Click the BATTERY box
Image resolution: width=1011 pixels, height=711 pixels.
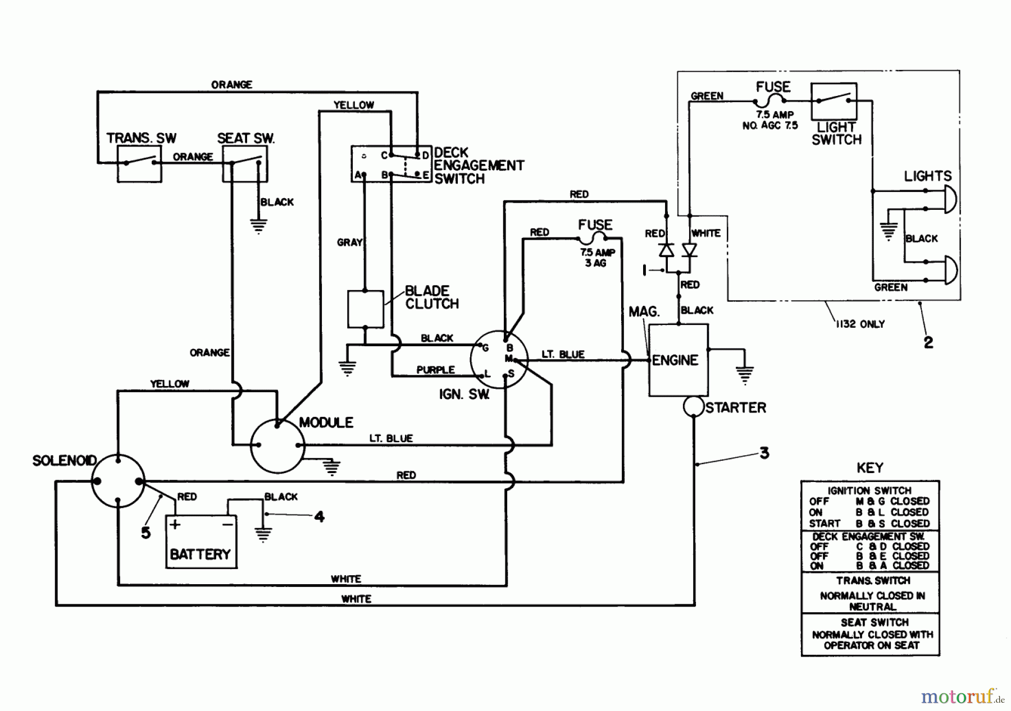click(201, 542)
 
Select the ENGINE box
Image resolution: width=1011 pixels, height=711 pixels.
click(678, 360)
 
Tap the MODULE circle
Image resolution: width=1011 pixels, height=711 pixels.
click(277, 446)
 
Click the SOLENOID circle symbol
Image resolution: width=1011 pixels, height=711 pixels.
click(118, 481)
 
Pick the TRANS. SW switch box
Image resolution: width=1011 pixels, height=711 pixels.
click(139, 164)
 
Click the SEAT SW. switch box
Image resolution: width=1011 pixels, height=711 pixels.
click(245, 164)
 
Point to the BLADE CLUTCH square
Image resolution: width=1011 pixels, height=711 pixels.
click(366, 309)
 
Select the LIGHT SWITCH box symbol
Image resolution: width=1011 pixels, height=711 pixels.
click(834, 100)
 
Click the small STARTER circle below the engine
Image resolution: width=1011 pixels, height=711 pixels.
click(694, 407)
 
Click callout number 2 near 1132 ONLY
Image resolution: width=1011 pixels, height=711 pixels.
click(928, 342)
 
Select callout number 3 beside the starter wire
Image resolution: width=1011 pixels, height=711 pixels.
click(764, 453)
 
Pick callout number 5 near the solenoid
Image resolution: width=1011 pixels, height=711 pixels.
click(145, 533)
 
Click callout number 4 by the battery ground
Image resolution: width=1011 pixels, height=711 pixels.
click(319, 516)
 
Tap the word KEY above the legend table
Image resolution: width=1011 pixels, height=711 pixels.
click(869, 467)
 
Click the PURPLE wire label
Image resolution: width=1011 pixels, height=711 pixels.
click(435, 370)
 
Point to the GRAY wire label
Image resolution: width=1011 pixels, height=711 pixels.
click(349, 242)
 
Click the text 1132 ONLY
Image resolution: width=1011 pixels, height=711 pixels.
click(860, 324)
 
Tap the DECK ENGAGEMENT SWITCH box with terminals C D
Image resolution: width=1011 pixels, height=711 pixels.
click(390, 164)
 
